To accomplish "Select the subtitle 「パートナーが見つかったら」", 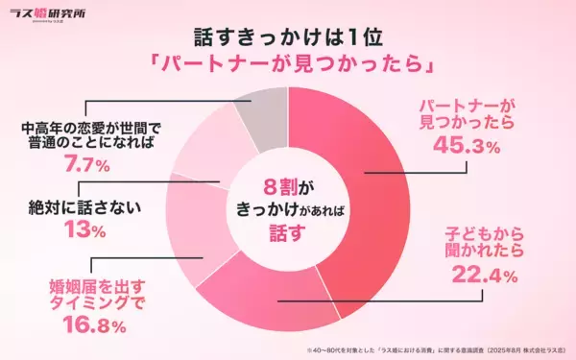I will coord(288,69).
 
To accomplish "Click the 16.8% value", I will coord(89,327).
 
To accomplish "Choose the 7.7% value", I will coord(77,164).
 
